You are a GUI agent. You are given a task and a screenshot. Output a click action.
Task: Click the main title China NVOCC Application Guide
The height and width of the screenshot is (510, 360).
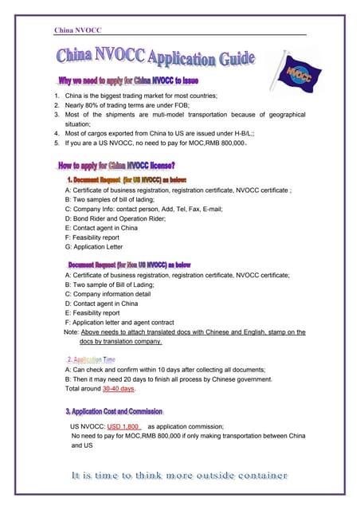(155, 59)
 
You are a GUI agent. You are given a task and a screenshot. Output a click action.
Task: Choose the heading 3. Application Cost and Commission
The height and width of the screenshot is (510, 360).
(114, 411)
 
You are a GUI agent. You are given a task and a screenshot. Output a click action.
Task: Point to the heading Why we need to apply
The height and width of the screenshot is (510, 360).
(128, 81)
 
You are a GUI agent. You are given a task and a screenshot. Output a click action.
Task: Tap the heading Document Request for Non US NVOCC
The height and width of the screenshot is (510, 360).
(128, 264)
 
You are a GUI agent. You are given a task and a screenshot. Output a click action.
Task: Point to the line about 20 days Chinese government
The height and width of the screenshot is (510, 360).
(168, 379)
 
